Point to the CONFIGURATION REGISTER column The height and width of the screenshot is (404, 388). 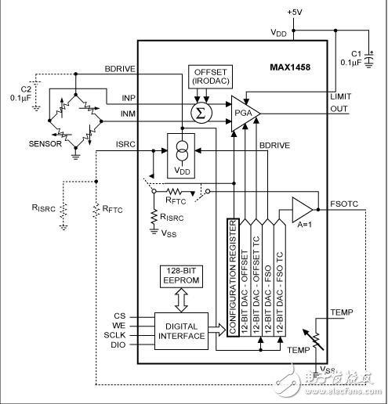[x=232, y=279]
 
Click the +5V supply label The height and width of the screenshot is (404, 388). [x=295, y=13]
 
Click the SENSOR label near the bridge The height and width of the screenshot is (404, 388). [x=45, y=145]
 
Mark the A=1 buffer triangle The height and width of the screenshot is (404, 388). [x=301, y=210]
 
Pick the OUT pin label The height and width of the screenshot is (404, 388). [x=339, y=109]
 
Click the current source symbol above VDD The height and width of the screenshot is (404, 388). [x=181, y=149]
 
